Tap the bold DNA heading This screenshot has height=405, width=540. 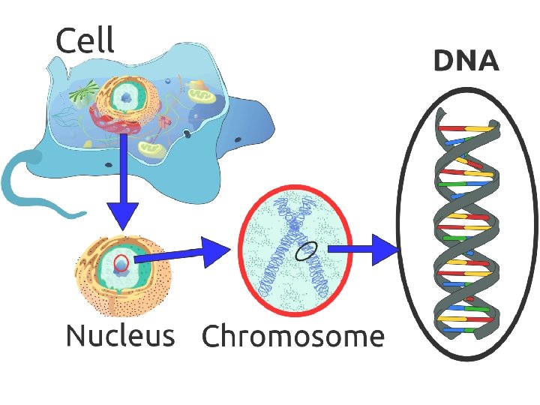tap(466, 61)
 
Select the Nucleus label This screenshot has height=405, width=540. tap(121, 334)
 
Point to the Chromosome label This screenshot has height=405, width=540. tap(293, 335)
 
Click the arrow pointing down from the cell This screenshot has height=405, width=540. tap(122, 182)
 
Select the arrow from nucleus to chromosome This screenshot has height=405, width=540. tap(182, 254)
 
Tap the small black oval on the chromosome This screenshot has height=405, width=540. tap(306, 250)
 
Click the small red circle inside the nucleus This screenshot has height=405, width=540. tap(121, 262)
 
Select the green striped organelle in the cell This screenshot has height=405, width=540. tap(82, 91)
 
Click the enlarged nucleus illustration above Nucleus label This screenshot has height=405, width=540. tap(123, 275)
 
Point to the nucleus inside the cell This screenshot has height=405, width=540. tap(127, 98)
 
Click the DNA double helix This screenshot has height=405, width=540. tap(466, 223)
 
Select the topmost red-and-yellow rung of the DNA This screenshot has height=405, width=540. tap(466, 129)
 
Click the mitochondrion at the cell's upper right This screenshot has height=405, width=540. tap(202, 95)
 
